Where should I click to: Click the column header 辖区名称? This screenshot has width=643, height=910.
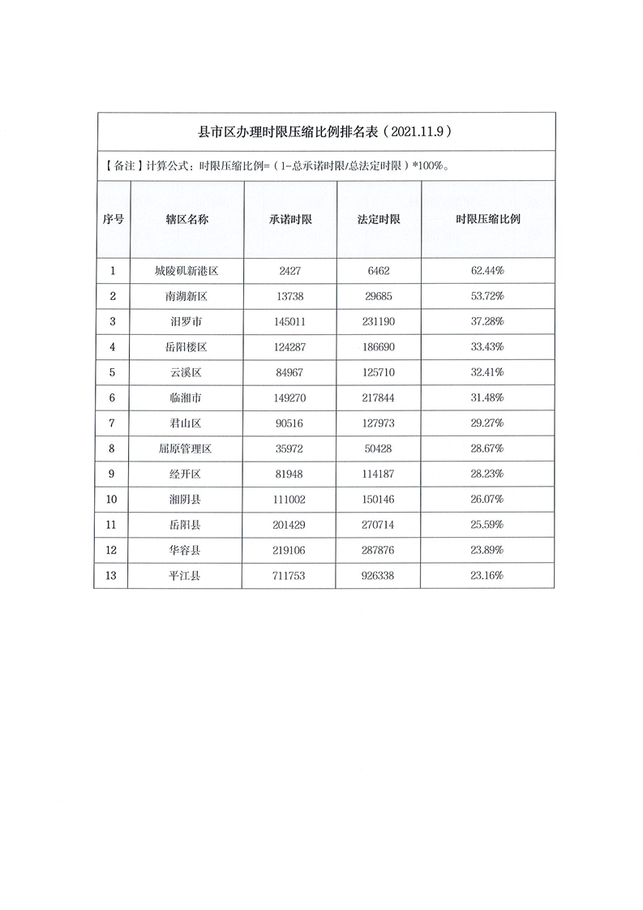[186, 220]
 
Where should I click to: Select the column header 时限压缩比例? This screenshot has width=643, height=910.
[487, 220]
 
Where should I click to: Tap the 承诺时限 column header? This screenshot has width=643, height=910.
[291, 220]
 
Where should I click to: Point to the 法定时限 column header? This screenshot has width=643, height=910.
[379, 220]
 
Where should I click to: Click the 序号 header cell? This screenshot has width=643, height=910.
[113, 220]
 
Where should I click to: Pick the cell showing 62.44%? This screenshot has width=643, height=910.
[487, 271]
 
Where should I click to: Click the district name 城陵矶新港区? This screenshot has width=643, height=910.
[186, 271]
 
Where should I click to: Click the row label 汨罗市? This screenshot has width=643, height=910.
[186, 322]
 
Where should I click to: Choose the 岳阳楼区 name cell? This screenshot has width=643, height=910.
[186, 347]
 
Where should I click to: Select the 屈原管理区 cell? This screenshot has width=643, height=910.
[186, 449]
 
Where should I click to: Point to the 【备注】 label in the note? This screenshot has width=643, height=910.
[121, 166]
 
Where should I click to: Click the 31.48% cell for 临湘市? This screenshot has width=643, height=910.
[487, 397]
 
